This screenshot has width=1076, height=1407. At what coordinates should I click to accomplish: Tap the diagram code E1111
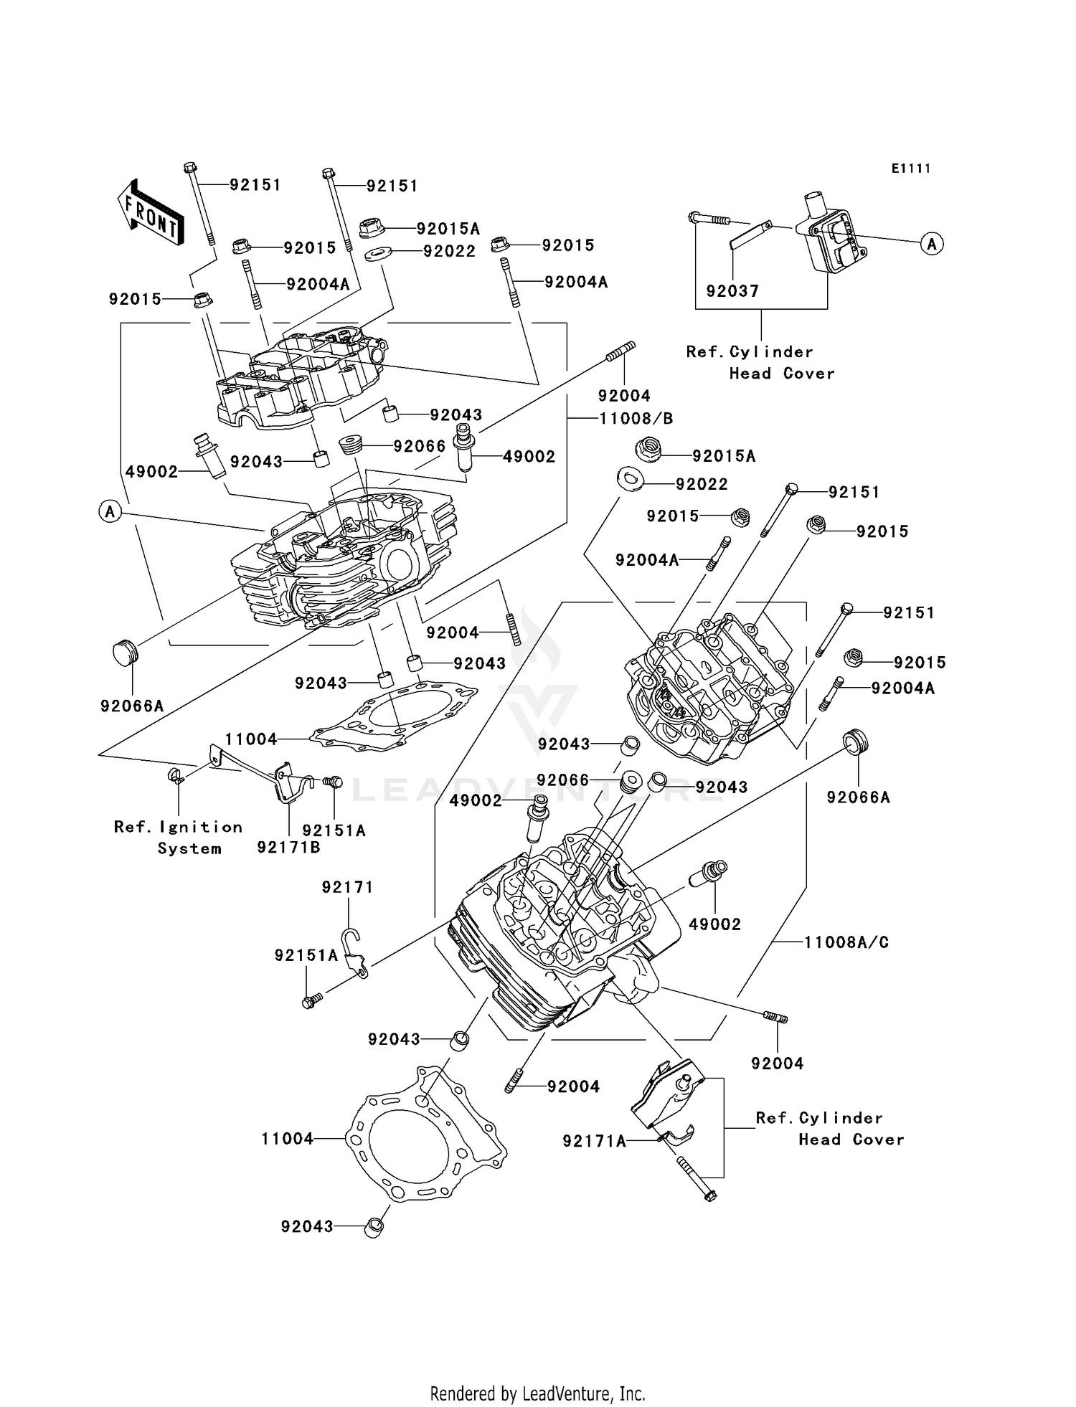pyautogui.click(x=911, y=169)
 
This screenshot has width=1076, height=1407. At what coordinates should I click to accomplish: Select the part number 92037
pyautogui.click(x=732, y=291)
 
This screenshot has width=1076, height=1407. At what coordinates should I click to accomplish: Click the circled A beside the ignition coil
pyautogui.click(x=932, y=244)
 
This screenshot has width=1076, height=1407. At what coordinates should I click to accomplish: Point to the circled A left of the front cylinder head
pyautogui.click(x=110, y=511)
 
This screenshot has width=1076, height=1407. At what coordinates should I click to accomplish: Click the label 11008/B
pyautogui.click(x=636, y=418)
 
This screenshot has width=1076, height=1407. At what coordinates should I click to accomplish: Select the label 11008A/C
pyautogui.click(x=846, y=942)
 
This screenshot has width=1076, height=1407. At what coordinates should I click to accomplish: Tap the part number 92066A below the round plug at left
pyautogui.click(x=132, y=706)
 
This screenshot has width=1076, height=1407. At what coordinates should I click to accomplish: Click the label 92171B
pyautogui.click(x=288, y=848)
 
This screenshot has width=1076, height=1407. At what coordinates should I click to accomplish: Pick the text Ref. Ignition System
pyautogui.click(x=179, y=838)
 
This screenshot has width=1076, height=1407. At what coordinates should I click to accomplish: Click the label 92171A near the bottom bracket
pyautogui.click(x=594, y=1141)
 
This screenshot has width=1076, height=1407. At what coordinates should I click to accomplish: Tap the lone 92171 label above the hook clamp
pyautogui.click(x=348, y=887)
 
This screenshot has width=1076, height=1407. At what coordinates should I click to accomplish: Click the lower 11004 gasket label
pyautogui.click(x=287, y=1138)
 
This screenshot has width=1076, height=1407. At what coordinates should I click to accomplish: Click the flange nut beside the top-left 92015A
pyautogui.click(x=371, y=228)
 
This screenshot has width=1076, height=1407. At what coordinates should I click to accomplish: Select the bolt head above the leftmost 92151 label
pyautogui.click(x=190, y=168)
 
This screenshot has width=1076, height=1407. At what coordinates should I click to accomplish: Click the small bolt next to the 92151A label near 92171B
pyautogui.click(x=334, y=782)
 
